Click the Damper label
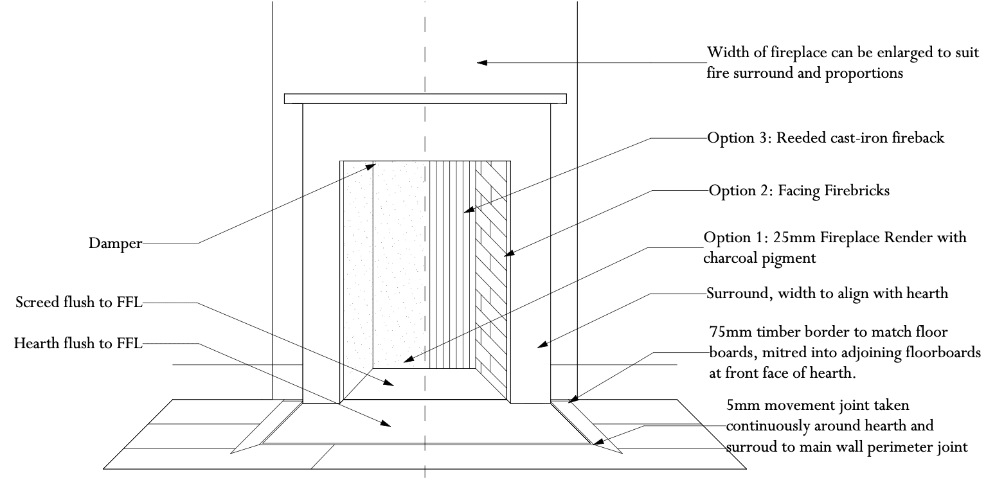[x=115, y=243]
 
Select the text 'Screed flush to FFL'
[x=78, y=302]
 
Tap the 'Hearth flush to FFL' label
[x=78, y=344]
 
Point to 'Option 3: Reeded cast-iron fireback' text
[x=825, y=138]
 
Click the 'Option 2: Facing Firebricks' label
[x=799, y=191]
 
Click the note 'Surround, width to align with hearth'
[x=827, y=294]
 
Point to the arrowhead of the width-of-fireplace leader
[x=480, y=62]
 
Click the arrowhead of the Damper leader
[x=372, y=166]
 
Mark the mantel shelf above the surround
[x=425, y=98]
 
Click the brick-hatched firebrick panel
[x=491, y=270]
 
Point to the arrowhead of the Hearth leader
[x=386, y=424]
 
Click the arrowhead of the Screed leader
[x=391, y=384]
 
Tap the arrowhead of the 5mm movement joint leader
[x=596, y=442]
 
